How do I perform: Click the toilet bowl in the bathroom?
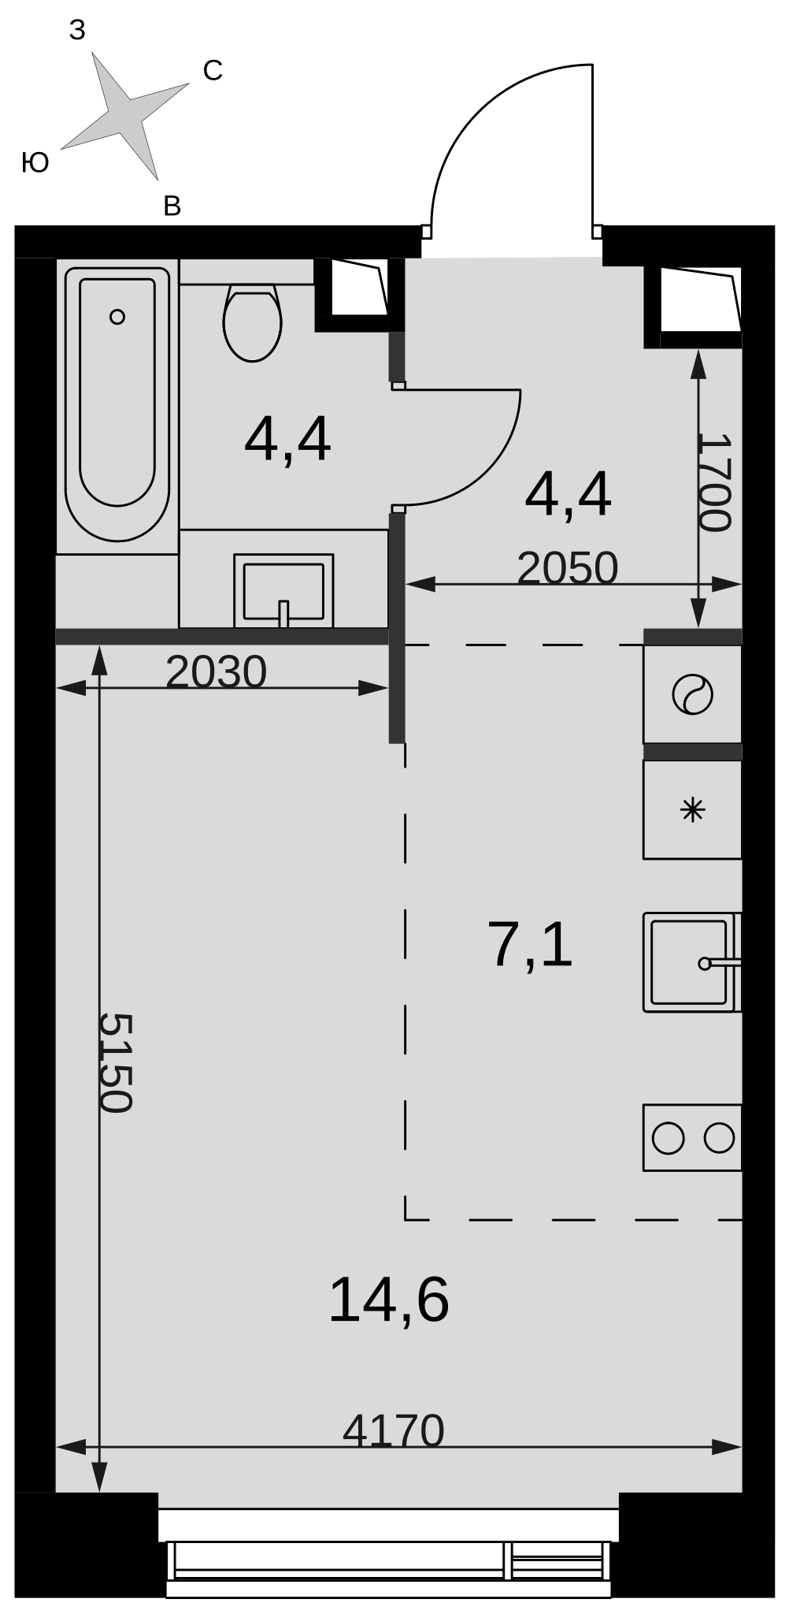(252, 322)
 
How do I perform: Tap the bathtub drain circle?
(117, 317)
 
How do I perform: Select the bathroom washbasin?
(283, 590)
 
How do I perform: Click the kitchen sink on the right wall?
(692, 962)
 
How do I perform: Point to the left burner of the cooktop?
(669, 1138)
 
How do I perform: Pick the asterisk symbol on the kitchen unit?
(693, 809)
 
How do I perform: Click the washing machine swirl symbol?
(693, 695)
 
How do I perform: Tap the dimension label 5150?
(115, 1062)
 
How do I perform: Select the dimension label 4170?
(394, 1430)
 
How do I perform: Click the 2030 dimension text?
(217, 672)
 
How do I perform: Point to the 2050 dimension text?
(568, 568)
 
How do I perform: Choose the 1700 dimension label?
(715, 483)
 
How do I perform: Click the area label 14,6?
(389, 1300)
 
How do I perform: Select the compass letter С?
(213, 71)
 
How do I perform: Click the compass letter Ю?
(35, 162)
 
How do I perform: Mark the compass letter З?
(77, 30)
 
